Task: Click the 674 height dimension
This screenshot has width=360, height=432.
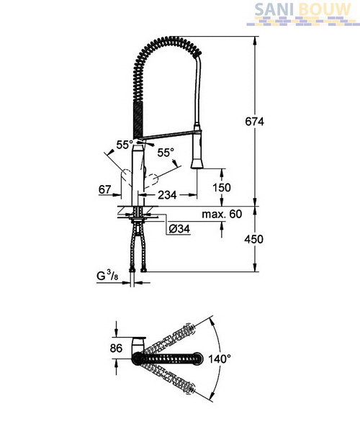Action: pyautogui.click(x=254, y=122)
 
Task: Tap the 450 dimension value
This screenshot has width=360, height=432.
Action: pyautogui.click(x=253, y=239)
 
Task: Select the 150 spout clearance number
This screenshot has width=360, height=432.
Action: pyautogui.click(x=222, y=188)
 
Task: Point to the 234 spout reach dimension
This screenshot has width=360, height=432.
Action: pyautogui.click(x=167, y=195)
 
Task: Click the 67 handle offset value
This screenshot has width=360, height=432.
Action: pyautogui.click(x=104, y=189)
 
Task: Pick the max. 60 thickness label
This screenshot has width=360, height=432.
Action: pyautogui.click(x=222, y=214)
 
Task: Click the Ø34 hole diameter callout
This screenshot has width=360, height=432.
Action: pyautogui.click(x=179, y=229)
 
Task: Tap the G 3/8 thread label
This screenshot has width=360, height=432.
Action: pyautogui.click(x=107, y=276)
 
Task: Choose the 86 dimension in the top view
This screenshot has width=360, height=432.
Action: pyautogui.click(x=116, y=348)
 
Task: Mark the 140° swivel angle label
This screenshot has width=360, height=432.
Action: pyautogui.click(x=220, y=359)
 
